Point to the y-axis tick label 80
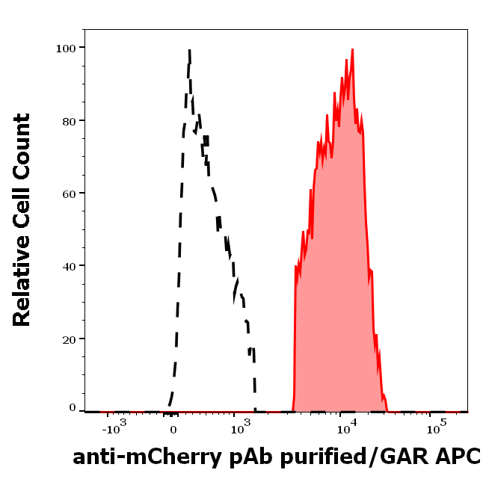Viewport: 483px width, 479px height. pyautogui.click(x=69, y=120)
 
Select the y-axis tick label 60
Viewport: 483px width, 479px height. pyautogui.click(x=69, y=193)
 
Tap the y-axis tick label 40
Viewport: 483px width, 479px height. pyautogui.click(x=69, y=265)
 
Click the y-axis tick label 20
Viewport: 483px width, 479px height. pyautogui.click(x=69, y=338)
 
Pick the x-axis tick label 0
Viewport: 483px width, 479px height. pyautogui.click(x=173, y=430)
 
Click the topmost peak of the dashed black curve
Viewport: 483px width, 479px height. pyautogui.click(x=189, y=50)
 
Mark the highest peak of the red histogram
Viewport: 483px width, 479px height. pyautogui.click(x=352, y=50)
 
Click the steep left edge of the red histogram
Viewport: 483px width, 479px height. pyautogui.click(x=295, y=336)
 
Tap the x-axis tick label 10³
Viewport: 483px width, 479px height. pyautogui.click(x=239, y=428)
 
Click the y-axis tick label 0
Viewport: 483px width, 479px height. pyautogui.click(x=73, y=408)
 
